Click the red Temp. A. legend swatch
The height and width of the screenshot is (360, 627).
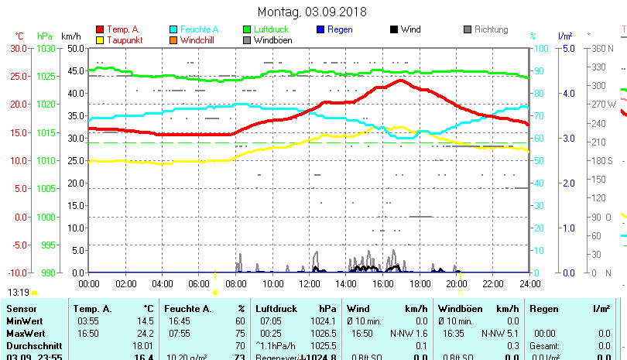click(100, 29)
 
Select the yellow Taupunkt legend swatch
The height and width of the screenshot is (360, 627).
click(100, 39)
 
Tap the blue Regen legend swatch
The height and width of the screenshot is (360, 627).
click(321, 29)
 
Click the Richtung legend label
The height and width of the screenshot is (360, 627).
click(491, 29)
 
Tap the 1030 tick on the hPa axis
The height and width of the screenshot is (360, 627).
click(46, 48)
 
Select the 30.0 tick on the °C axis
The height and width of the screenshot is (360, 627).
click(19, 48)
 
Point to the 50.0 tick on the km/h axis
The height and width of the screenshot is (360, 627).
click(76, 48)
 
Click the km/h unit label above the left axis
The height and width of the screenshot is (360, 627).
click(70, 36)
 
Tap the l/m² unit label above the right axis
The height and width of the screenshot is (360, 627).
click(564, 36)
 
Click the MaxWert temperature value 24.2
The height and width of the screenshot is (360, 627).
click(144, 333)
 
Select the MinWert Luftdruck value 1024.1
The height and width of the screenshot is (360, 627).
click(328, 321)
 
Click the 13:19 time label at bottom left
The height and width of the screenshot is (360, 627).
click(19, 293)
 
